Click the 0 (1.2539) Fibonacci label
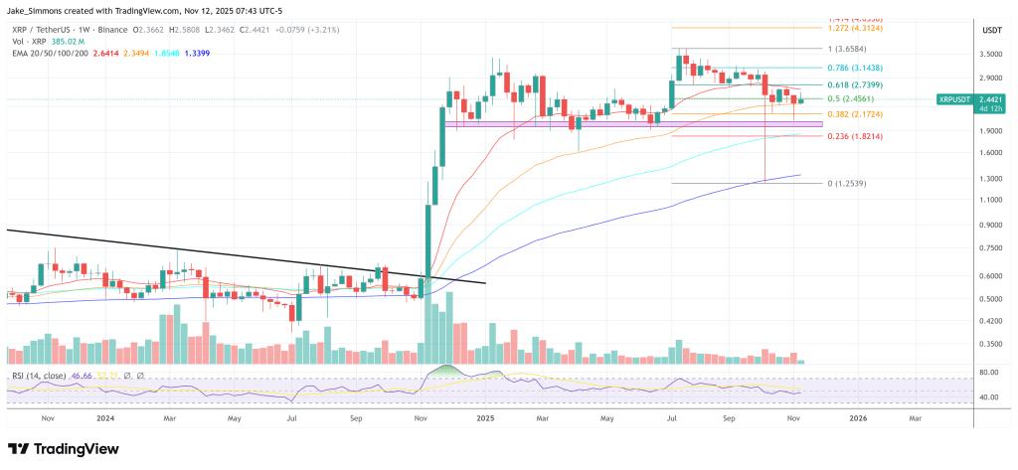pyautogui.click(x=845, y=184)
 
